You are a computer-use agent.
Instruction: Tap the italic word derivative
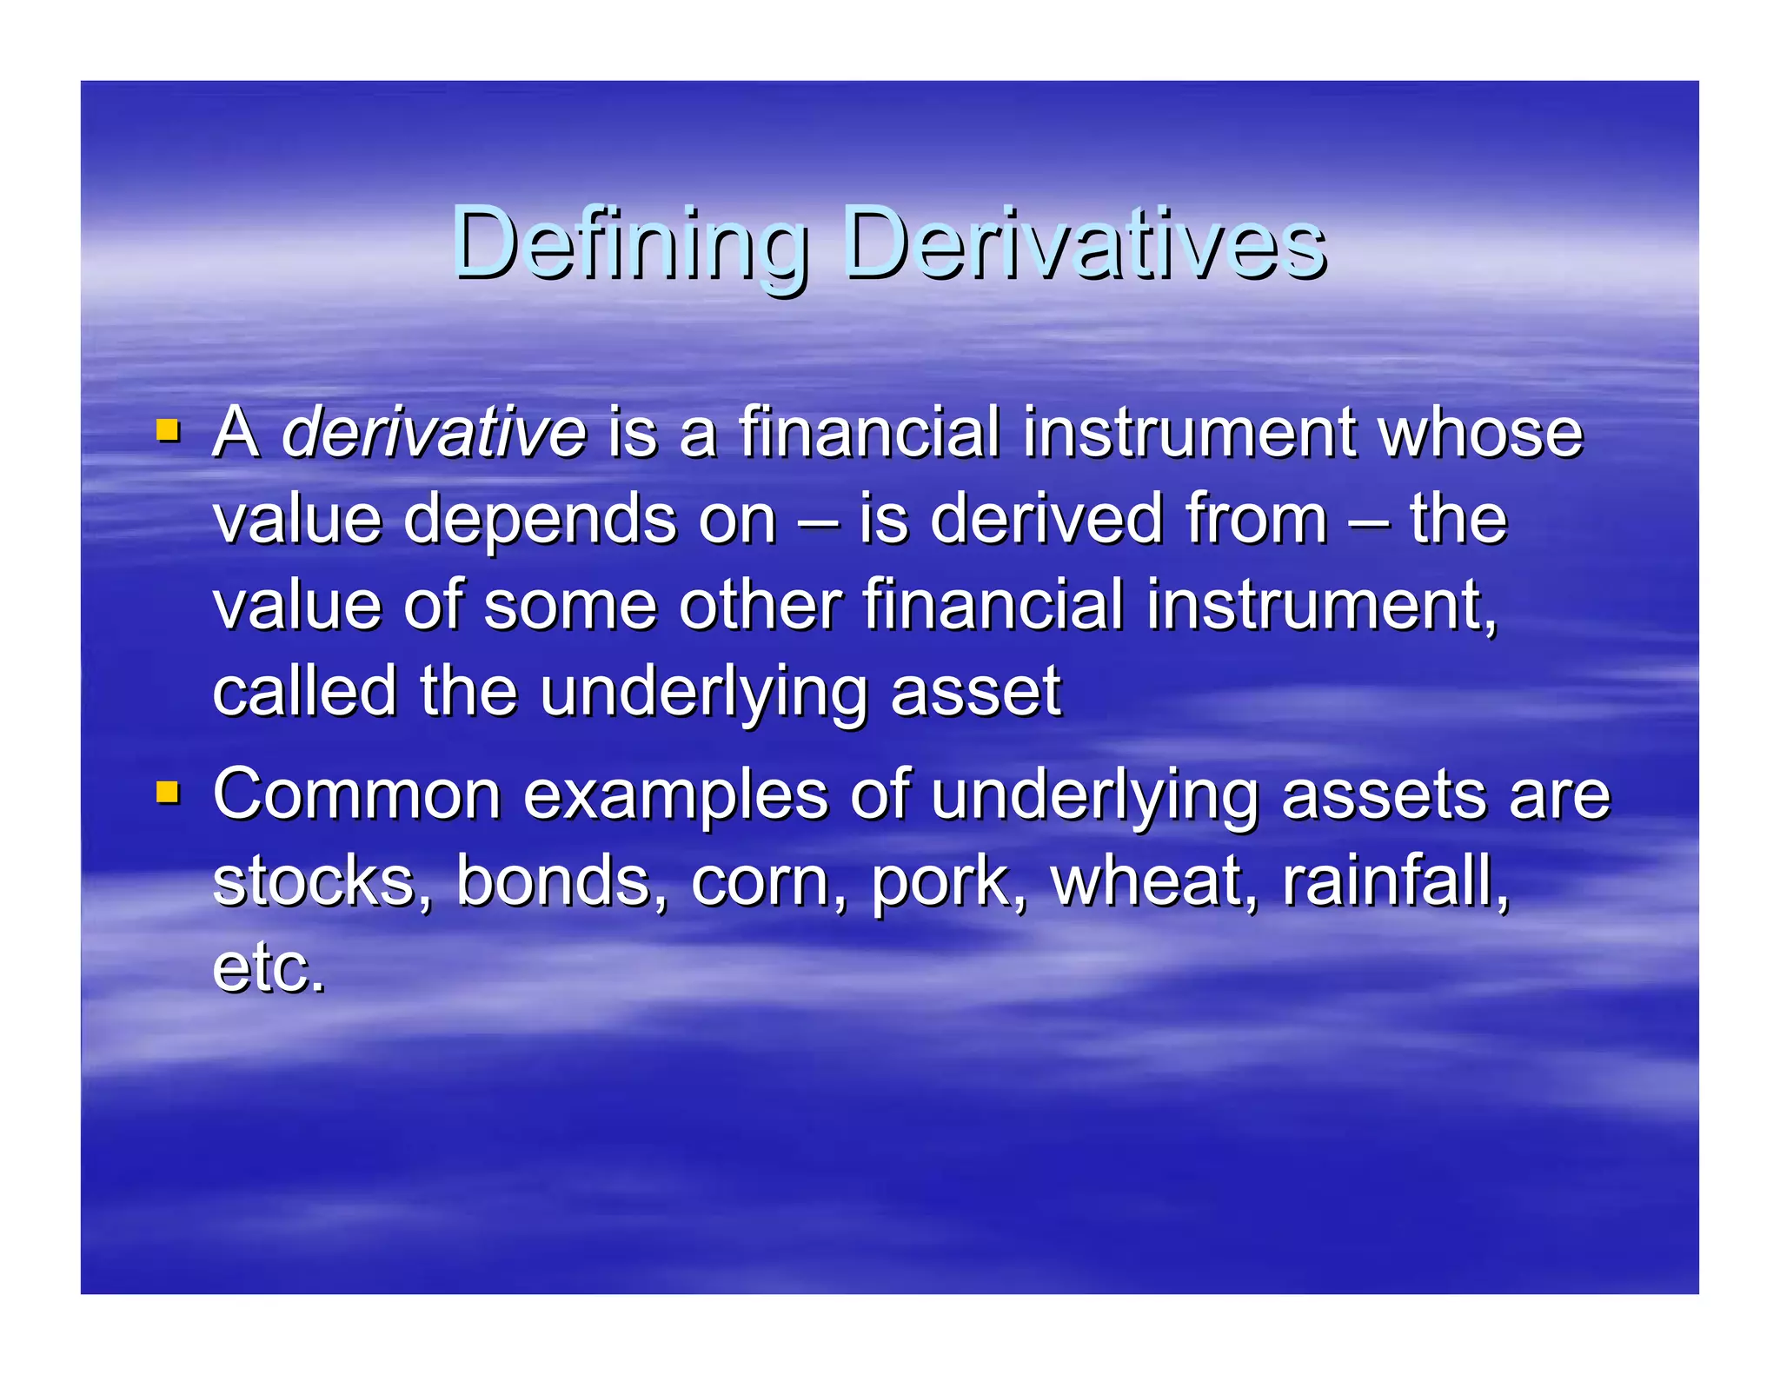pyautogui.click(x=435, y=432)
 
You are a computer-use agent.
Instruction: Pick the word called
pyautogui.click(x=305, y=691)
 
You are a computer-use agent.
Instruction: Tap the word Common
pyautogui.click(x=357, y=794)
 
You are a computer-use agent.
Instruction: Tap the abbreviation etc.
pyautogui.click(x=269, y=968)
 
